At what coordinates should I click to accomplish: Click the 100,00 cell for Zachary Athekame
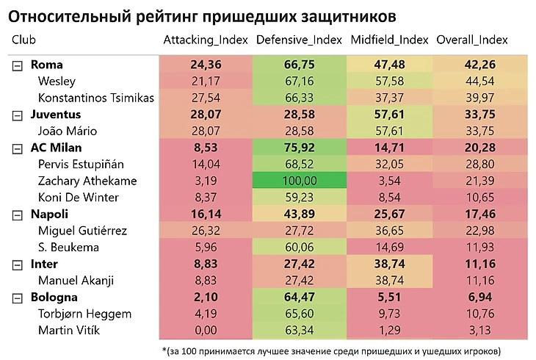299,180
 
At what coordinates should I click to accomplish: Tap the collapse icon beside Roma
18,65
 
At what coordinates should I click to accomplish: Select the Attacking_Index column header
206,40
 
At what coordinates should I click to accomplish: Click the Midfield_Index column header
389,40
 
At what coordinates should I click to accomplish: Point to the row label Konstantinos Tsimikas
96,98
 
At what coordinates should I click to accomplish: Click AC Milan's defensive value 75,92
299,148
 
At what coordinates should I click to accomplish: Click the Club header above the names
24,40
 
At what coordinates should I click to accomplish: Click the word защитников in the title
341,15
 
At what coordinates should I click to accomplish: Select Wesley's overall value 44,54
478,82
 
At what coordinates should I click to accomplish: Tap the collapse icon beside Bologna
18,298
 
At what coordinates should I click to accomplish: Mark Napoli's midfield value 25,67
389,214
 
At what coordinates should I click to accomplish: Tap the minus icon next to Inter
18,264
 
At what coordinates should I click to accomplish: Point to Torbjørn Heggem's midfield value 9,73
389,314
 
